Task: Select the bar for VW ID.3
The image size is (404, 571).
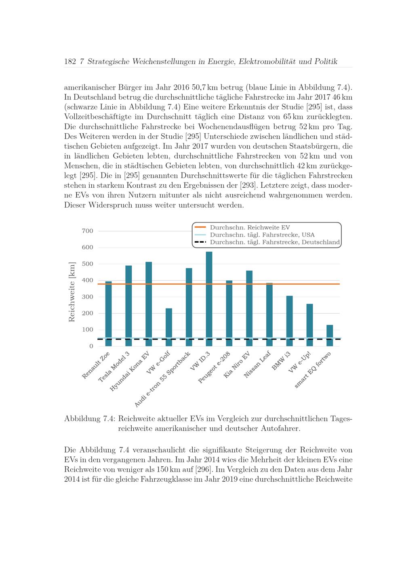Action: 209,299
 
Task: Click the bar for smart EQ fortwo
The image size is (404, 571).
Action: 330,336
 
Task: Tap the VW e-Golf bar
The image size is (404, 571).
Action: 169,327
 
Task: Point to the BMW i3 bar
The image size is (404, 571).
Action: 289,321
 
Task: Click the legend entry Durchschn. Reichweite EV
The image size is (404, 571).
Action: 250,227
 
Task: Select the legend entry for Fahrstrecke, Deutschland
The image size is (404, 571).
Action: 275,242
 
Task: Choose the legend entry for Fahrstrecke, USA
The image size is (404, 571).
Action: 262,235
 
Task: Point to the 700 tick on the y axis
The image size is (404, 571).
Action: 88,231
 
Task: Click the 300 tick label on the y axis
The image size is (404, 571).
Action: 88,297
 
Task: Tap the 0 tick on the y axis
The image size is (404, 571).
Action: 91,346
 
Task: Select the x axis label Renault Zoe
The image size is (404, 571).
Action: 96,365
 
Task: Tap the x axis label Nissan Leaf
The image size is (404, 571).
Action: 257,365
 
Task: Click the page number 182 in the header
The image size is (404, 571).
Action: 70,62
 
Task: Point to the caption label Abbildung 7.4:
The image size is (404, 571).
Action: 89,419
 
